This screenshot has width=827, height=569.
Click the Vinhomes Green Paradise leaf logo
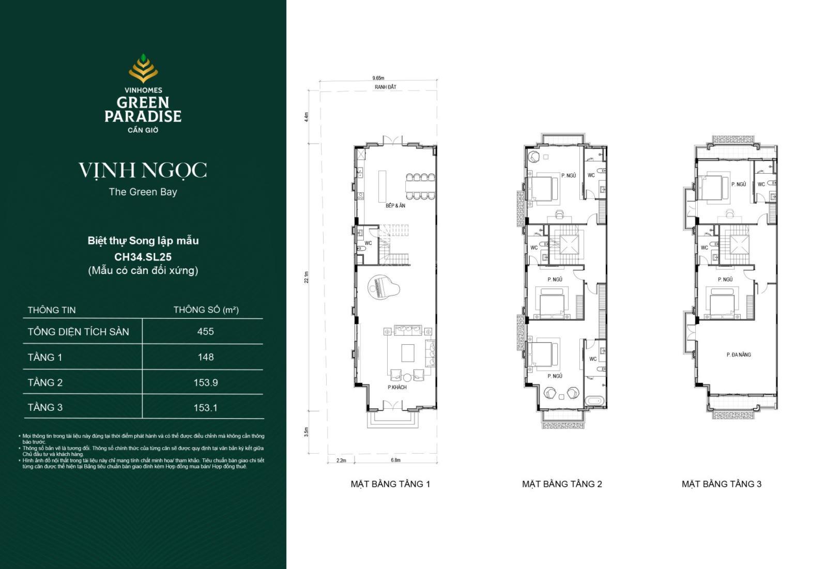pos(143,68)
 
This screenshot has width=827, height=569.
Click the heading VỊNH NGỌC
pos(143,170)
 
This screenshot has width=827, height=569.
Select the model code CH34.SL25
pos(143,256)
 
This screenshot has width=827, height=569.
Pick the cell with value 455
pos(205,332)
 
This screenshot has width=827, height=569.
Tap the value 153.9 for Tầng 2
pos(205,382)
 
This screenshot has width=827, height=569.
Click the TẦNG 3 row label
pos(45,407)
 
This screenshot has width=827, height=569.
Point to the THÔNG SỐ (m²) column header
pos(206,310)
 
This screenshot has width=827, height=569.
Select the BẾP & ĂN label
pos(395,206)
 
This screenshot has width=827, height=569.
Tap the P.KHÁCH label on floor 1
pos(397,387)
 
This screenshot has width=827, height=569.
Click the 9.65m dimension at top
pos(378,78)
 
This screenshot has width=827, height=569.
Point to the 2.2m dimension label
pos(341,460)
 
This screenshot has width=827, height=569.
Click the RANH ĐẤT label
pos(385,87)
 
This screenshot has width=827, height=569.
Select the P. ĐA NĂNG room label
pos(738,355)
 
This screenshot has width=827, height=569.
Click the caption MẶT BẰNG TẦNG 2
pos(562,484)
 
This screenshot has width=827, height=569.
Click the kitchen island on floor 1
pos(382,186)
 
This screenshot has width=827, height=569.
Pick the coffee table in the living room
pos(408,353)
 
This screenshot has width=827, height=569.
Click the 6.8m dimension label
pos(395,460)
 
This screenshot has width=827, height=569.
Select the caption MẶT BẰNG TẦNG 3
pos(721,484)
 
